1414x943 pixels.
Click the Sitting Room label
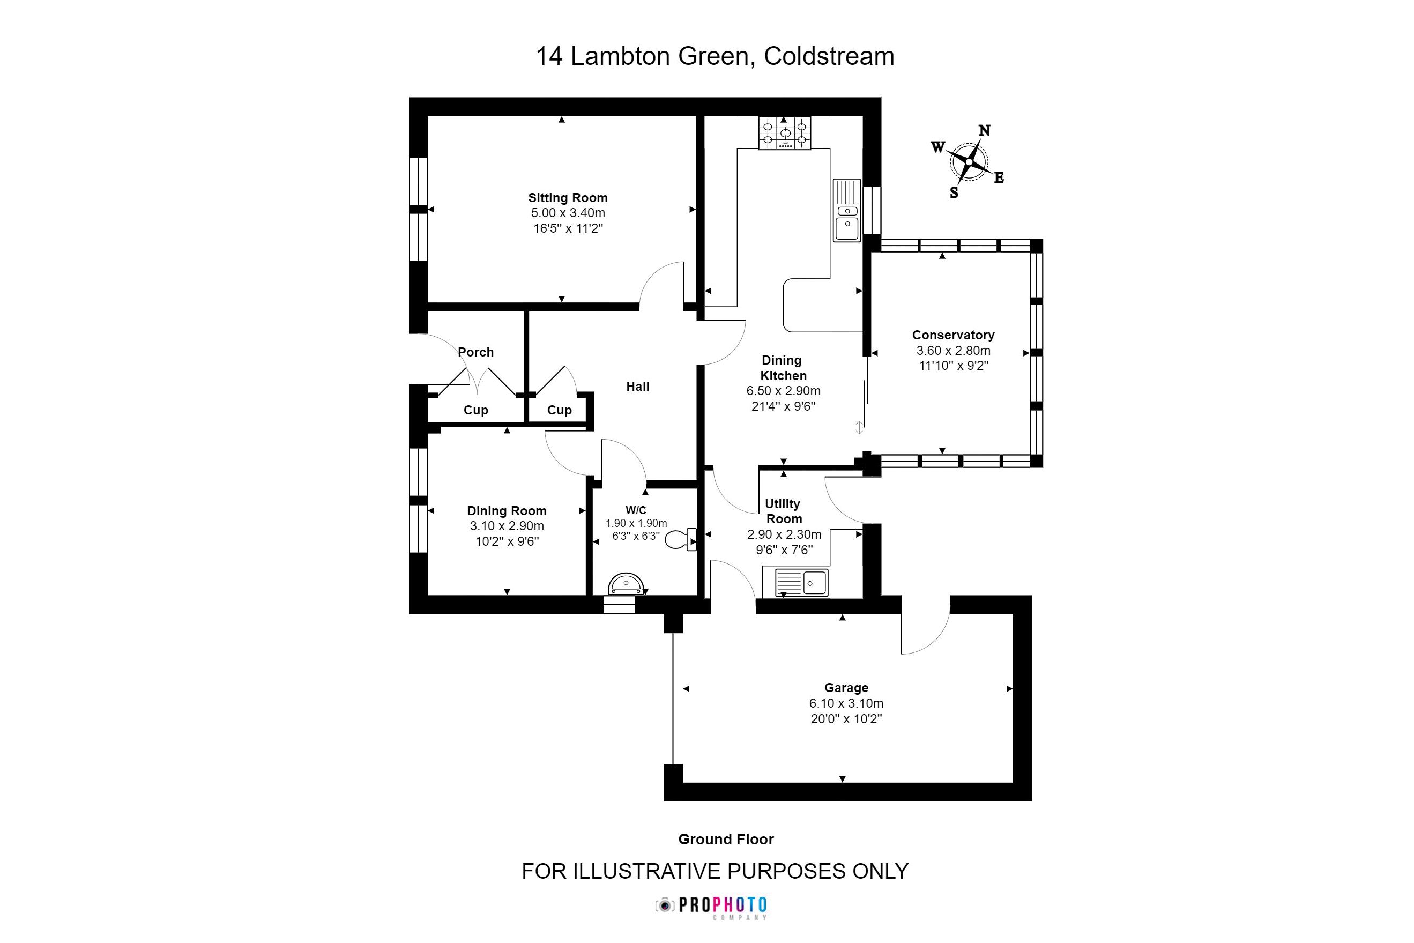click(568, 198)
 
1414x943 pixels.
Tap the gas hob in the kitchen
click(785, 133)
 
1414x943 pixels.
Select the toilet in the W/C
click(681, 539)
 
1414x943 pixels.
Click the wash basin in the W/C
click(626, 584)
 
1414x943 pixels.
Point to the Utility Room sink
click(801, 582)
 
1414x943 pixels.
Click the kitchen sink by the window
click(847, 211)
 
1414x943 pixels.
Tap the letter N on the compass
click(984, 130)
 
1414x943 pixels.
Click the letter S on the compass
click(954, 193)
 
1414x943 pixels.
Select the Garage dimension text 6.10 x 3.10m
click(846, 703)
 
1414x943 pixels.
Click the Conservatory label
click(953, 335)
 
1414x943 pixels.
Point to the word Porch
click(475, 352)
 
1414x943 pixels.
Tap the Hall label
click(638, 387)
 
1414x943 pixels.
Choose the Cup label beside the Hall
click(559, 410)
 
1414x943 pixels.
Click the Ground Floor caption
click(726, 839)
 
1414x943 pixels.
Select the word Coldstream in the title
click(829, 56)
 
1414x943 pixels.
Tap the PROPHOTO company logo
click(712, 905)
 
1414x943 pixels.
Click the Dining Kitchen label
click(783, 368)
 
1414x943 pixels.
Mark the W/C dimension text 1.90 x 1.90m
click(636, 523)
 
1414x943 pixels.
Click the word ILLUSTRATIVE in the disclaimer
click(647, 872)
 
